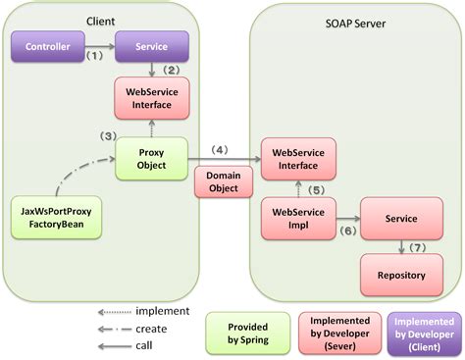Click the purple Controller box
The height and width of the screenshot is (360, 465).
[48, 46]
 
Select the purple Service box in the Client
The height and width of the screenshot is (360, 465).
[150, 46]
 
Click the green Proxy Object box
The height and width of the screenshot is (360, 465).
[150, 158]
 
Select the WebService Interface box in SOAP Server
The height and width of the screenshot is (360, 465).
[297, 158]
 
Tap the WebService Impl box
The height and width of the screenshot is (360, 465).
[297, 218]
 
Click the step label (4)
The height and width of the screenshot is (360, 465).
[220, 149]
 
